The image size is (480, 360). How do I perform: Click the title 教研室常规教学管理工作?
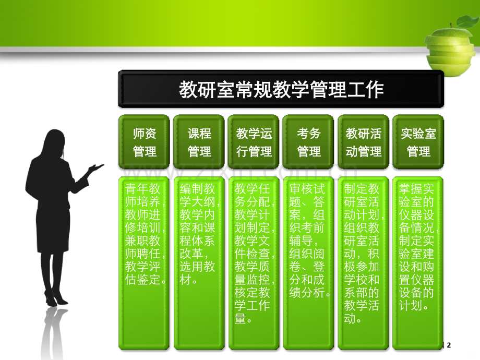(281, 90)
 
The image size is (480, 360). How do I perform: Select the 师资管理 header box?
(145, 142)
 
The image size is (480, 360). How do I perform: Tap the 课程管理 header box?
(199, 142)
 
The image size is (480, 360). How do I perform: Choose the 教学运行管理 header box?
(254, 142)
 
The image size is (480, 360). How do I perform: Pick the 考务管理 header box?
(309, 142)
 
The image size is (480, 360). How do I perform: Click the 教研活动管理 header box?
(364, 142)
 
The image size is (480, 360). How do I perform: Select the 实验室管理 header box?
(418, 142)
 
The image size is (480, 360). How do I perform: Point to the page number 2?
(448, 345)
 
